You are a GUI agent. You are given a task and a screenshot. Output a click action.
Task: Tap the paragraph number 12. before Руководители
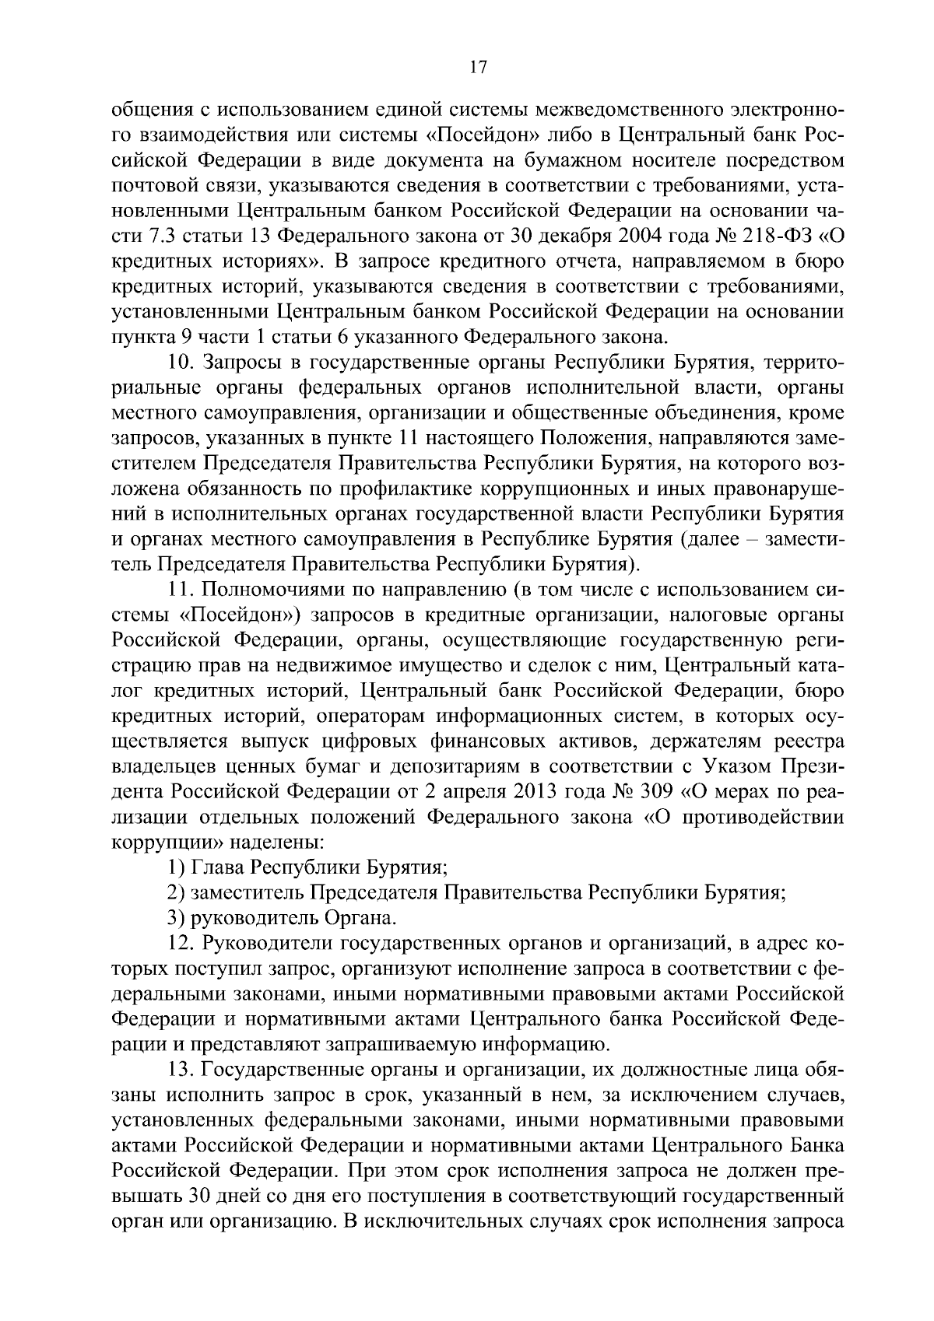(x=183, y=943)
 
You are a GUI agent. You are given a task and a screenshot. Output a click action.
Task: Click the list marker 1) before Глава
(x=177, y=867)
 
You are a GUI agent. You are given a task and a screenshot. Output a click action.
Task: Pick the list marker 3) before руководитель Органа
(x=177, y=917)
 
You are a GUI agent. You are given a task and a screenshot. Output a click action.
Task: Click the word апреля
(x=475, y=792)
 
